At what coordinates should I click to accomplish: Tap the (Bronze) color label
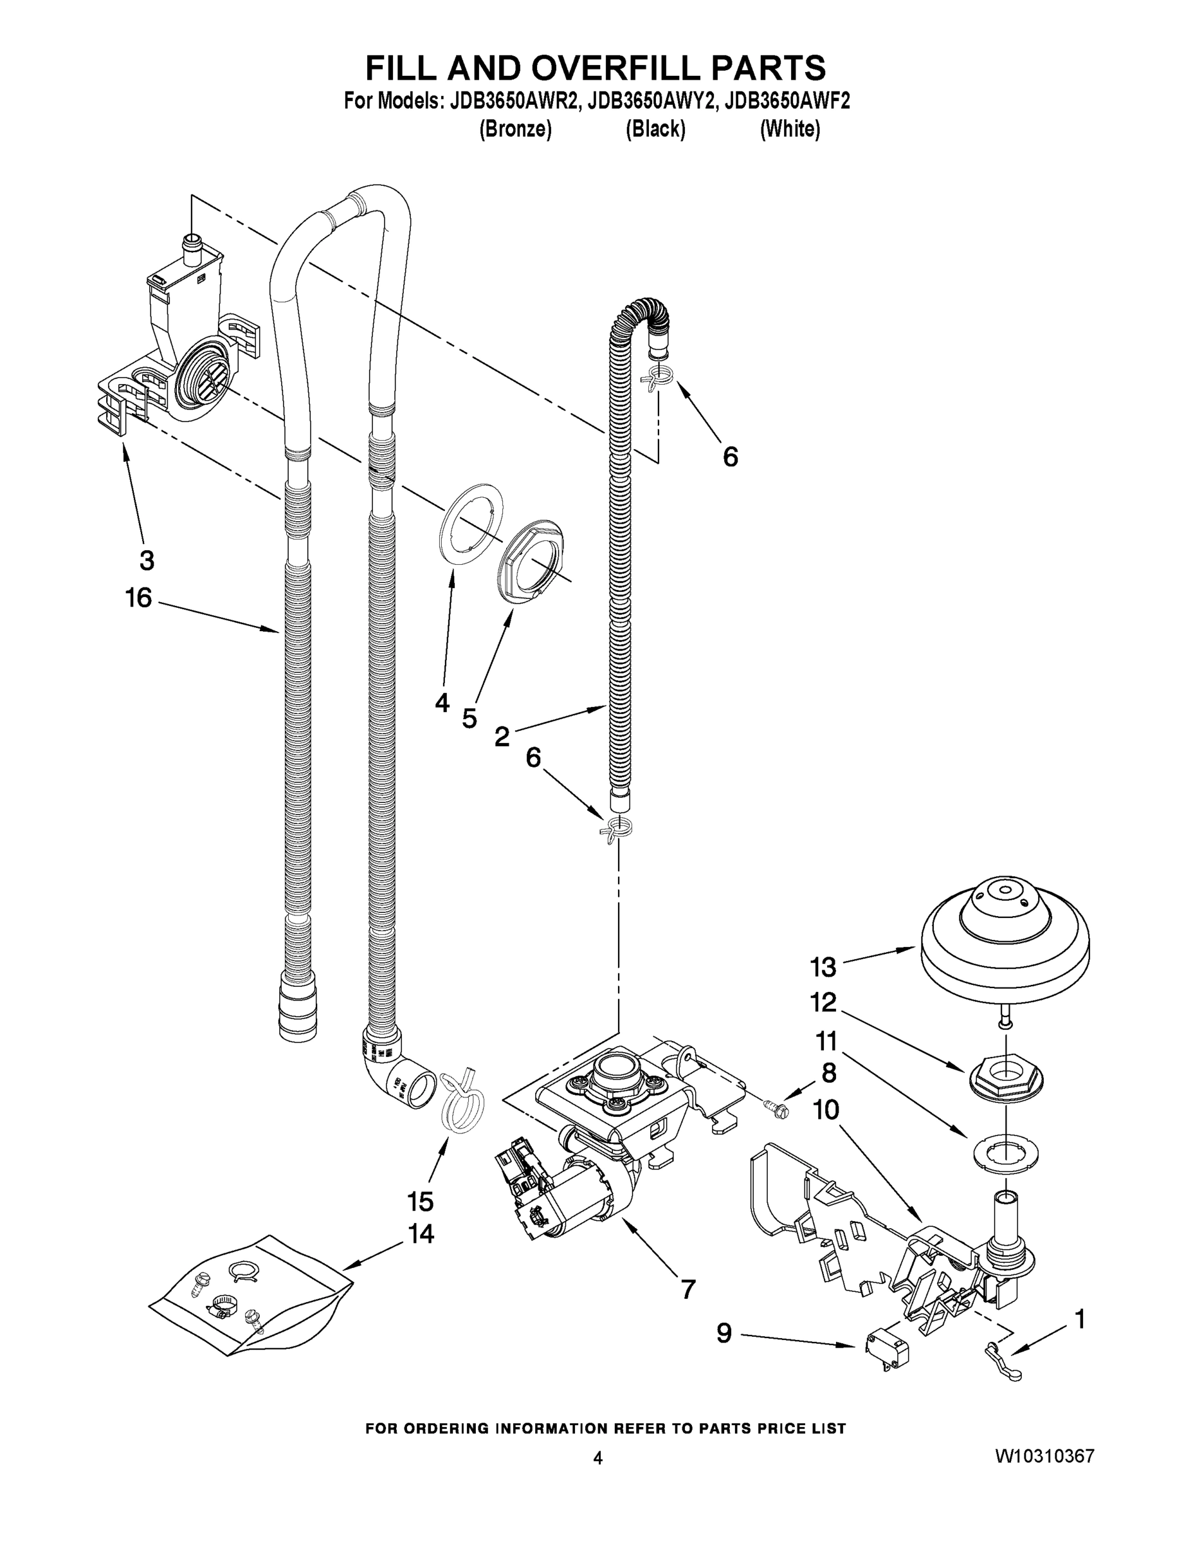tap(515, 129)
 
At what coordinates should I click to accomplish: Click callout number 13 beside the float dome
tap(823, 966)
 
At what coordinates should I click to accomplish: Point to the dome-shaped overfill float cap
tap(1005, 941)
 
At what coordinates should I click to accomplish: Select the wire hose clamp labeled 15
tap(463, 1101)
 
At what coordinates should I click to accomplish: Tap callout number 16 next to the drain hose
tap(138, 598)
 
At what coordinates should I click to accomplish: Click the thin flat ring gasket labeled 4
tap(472, 522)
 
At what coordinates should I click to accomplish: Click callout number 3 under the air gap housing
tap(146, 560)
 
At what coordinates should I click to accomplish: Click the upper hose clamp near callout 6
tap(655, 381)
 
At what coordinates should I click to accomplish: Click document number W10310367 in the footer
tap(1044, 1456)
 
